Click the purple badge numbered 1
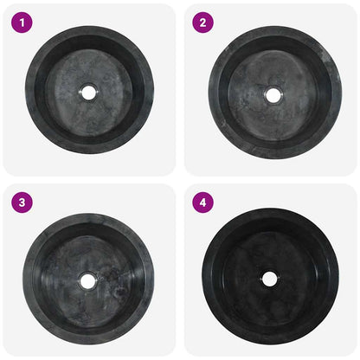pyautogui.click(x=21, y=22)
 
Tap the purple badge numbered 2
pyautogui.click(x=202, y=22)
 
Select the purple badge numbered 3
pyautogui.click(x=21, y=202)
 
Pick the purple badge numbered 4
pyautogui.click(x=202, y=202)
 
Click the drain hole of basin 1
pyautogui.click(x=89, y=92)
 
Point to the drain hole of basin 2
pyautogui.click(x=273, y=95)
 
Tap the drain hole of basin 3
pyautogui.click(x=87, y=280)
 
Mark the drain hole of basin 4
pyautogui.click(x=269, y=279)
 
